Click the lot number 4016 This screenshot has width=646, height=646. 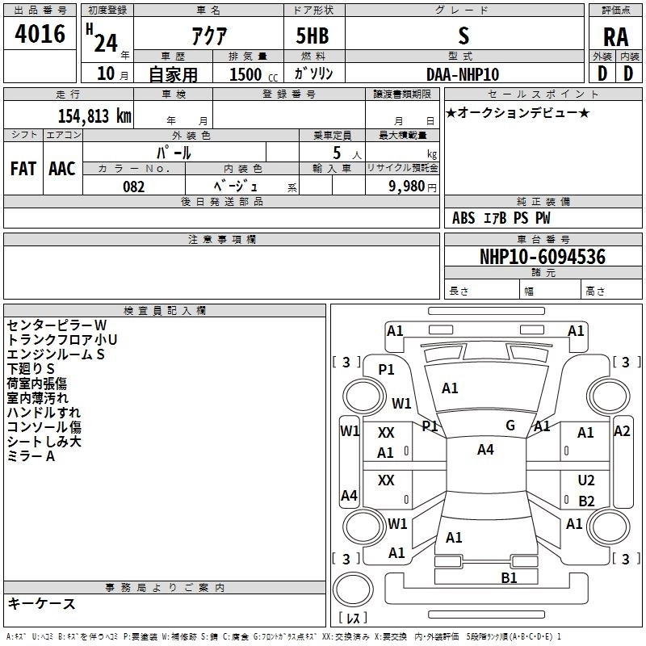(40, 33)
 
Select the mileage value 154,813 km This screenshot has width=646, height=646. (94, 115)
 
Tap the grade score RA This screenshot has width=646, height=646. (615, 37)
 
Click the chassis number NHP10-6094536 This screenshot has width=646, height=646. (543, 256)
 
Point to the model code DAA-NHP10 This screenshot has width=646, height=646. (463, 74)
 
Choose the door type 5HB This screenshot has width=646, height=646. (313, 36)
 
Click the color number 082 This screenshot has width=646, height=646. (134, 187)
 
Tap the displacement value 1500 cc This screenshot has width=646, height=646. (254, 74)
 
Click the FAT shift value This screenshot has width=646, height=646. (23, 169)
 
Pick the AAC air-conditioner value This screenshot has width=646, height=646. (62, 169)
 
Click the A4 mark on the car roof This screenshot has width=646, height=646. (485, 450)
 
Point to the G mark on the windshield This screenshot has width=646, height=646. (510, 426)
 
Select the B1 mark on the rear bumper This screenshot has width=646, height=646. (509, 578)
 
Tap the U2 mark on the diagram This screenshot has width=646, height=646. (586, 480)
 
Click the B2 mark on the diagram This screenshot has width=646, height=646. (586, 501)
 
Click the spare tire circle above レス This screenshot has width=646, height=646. (353, 589)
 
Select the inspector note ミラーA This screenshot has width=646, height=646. (31, 456)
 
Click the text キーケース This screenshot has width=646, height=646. (42, 603)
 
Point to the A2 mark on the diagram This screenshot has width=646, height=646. (622, 431)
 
